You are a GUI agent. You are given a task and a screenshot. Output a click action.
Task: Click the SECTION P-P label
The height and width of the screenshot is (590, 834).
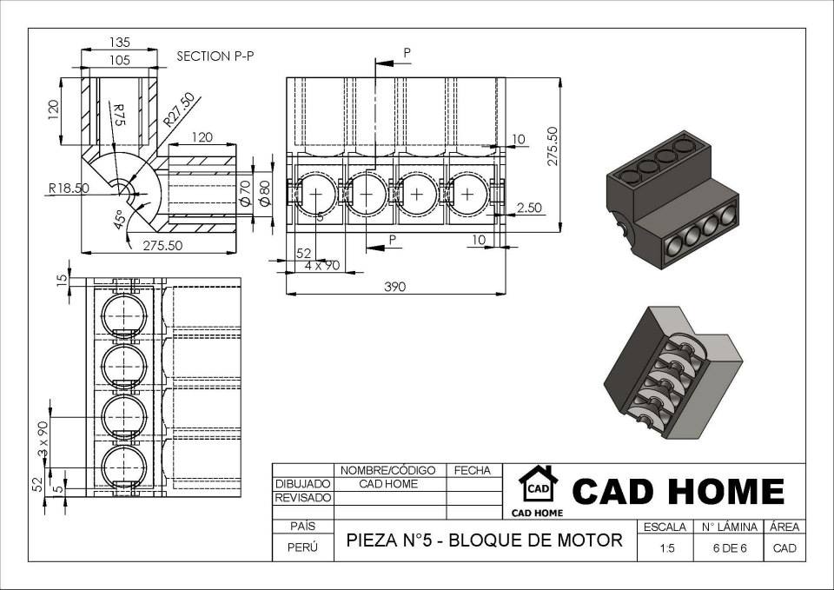coord(215,56)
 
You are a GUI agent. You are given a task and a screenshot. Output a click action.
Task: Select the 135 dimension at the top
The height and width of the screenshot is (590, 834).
coord(120,42)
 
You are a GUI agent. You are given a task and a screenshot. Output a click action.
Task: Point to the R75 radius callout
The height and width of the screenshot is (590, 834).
coord(119,115)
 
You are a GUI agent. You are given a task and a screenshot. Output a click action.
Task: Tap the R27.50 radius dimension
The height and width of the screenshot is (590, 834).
coord(179,109)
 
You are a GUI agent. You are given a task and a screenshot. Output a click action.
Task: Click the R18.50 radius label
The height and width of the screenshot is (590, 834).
coord(69,189)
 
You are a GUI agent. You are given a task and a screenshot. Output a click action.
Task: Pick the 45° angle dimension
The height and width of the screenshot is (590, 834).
coord(119,219)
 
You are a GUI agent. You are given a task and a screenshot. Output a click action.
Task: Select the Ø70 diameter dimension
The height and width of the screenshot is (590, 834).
coord(245,193)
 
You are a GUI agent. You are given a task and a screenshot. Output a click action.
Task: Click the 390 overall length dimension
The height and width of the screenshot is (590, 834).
coord(394,287)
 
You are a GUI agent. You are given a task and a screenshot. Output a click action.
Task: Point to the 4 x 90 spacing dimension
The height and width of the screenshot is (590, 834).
coord(321,265)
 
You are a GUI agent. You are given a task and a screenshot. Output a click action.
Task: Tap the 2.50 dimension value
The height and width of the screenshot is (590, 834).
coord(529,208)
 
